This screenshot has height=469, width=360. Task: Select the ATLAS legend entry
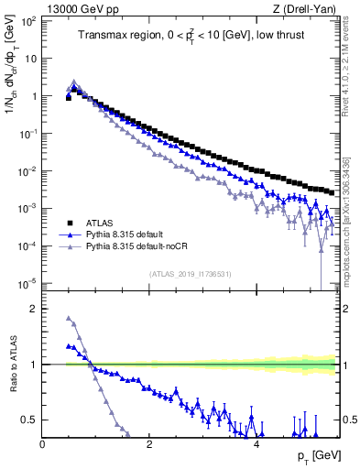[x=100, y=223]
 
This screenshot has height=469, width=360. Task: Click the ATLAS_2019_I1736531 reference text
[x=190, y=274]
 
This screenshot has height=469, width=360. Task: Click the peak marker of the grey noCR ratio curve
[x=69, y=319]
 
